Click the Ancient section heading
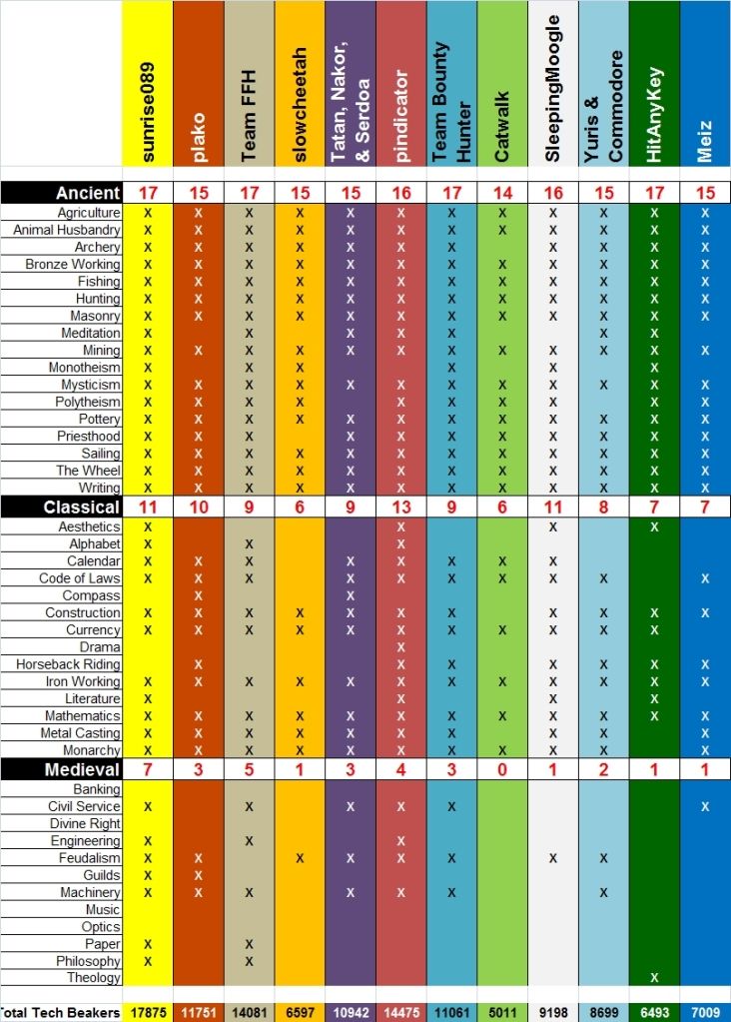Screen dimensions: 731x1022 (x=88, y=192)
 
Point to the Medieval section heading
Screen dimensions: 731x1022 (x=82, y=769)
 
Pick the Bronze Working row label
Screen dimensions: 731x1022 (x=73, y=265)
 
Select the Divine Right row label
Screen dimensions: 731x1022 (x=85, y=824)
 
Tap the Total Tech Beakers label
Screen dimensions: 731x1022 (x=60, y=1013)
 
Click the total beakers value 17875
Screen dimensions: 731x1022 (x=148, y=1013)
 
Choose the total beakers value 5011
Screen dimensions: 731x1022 (x=502, y=1013)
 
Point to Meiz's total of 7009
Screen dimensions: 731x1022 (x=705, y=1013)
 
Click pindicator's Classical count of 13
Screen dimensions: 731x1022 (x=401, y=508)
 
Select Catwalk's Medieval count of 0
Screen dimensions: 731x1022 (x=502, y=769)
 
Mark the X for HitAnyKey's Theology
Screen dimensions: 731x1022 (x=655, y=978)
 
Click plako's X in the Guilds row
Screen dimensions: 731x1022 (x=198, y=875)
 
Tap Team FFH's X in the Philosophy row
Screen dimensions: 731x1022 (x=249, y=961)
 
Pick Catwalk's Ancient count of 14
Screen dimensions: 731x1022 (x=502, y=192)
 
